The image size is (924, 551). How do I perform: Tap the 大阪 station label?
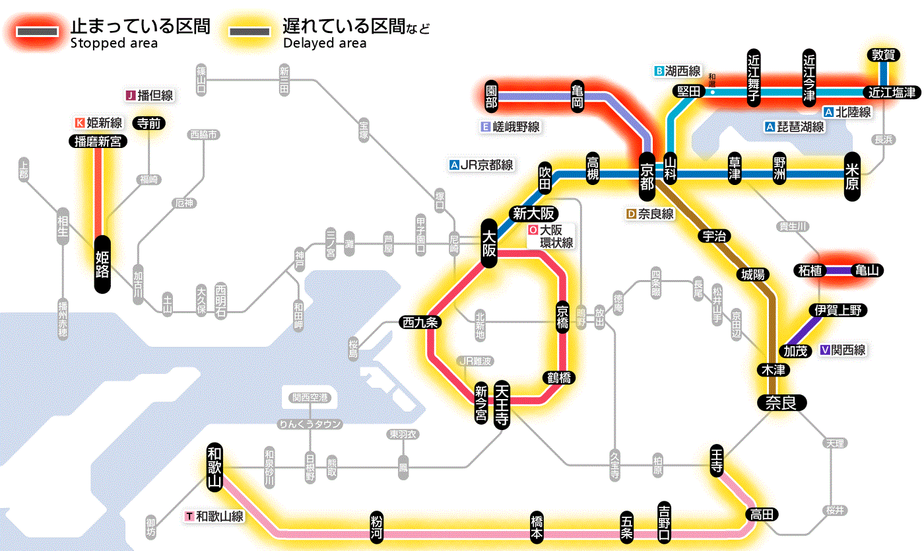tap(489, 243)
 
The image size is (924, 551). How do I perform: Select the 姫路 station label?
tap(102, 264)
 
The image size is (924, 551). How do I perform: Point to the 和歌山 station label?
tap(214, 466)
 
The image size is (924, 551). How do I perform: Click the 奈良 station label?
tap(781, 402)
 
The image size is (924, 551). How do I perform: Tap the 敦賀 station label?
tap(882, 55)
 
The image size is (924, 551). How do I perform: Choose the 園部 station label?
tap(491, 96)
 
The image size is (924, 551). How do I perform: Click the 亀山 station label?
tap(868, 270)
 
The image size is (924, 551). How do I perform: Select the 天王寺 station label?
tap(502, 405)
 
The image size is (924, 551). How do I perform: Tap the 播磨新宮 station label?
tap(98, 141)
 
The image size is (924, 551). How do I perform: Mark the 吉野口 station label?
tap(664, 522)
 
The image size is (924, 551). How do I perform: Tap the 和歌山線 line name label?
tap(220, 516)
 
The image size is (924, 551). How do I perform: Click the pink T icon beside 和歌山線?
tap(190, 516)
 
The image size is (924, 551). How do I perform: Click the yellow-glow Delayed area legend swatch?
tap(249, 32)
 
